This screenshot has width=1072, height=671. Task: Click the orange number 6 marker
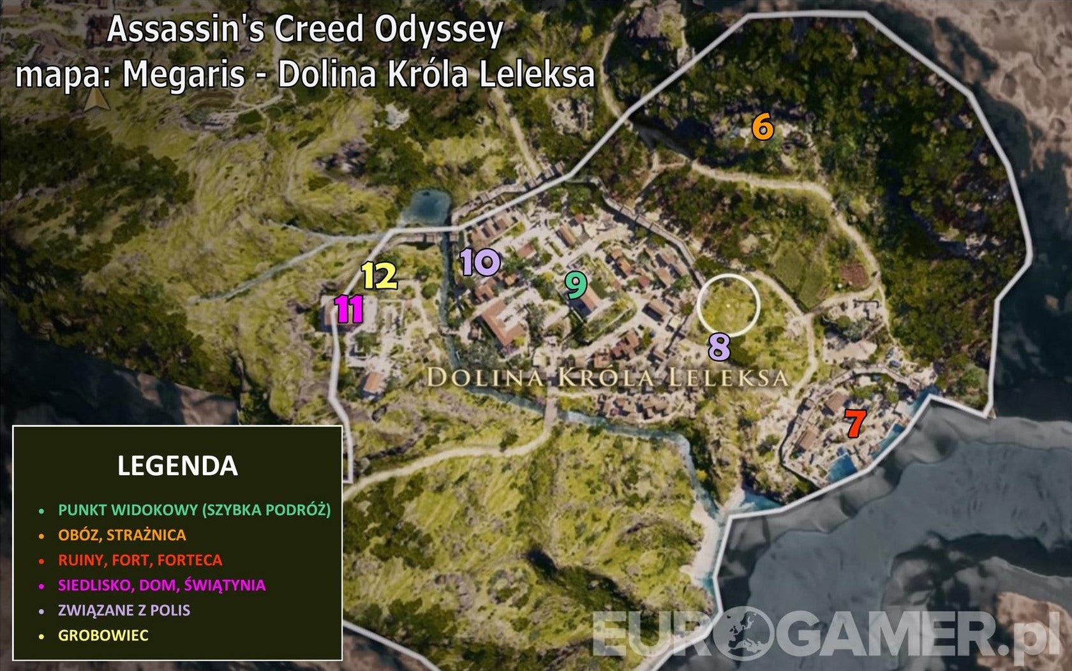click(x=763, y=127)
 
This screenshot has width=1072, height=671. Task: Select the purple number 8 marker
click(x=719, y=348)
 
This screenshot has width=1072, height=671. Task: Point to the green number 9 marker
click(x=576, y=285)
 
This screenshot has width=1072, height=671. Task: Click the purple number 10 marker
click(x=480, y=262)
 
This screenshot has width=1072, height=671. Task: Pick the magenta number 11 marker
click(x=350, y=309)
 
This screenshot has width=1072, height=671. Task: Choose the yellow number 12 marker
click(x=380, y=276)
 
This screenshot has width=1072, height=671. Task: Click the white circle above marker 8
click(x=728, y=306)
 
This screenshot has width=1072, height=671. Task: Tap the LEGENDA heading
click(x=177, y=466)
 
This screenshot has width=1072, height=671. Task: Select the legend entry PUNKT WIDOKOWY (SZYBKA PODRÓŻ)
click(x=194, y=510)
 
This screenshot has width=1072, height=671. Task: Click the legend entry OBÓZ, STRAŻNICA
click(x=122, y=535)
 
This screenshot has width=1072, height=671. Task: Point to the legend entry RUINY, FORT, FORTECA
click(x=140, y=560)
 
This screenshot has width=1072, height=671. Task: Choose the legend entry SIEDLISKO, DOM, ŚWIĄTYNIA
click(x=161, y=585)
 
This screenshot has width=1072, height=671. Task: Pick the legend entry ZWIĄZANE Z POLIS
click(x=124, y=610)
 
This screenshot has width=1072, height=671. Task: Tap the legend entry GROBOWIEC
click(x=103, y=635)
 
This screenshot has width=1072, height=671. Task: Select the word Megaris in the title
click(x=184, y=75)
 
